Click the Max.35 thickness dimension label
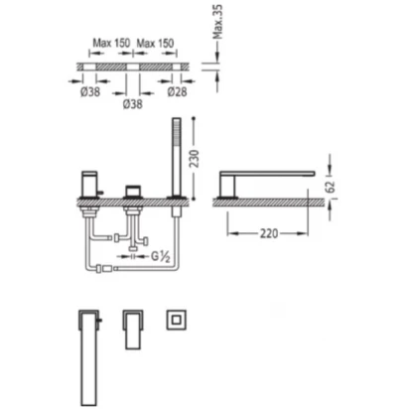[217, 22]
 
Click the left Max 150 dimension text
[111, 43]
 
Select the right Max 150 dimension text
[155, 43]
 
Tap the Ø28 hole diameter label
[177, 91]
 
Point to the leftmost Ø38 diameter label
[90, 91]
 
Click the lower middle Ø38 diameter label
[133, 104]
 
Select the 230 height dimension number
[195, 159]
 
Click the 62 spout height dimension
[331, 187]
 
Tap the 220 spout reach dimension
[268, 233]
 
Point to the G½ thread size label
[161, 256]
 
